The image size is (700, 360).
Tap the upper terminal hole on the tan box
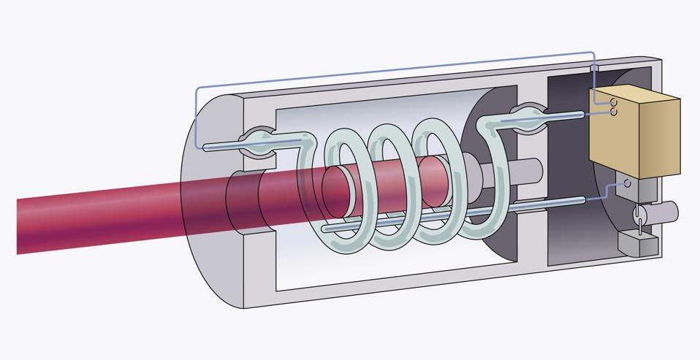point(615,103)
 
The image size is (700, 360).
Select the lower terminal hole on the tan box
point(615,112)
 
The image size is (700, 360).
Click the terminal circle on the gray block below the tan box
point(625,183)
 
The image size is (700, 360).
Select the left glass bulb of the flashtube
point(256,142)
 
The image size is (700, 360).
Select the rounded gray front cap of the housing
point(212,219)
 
